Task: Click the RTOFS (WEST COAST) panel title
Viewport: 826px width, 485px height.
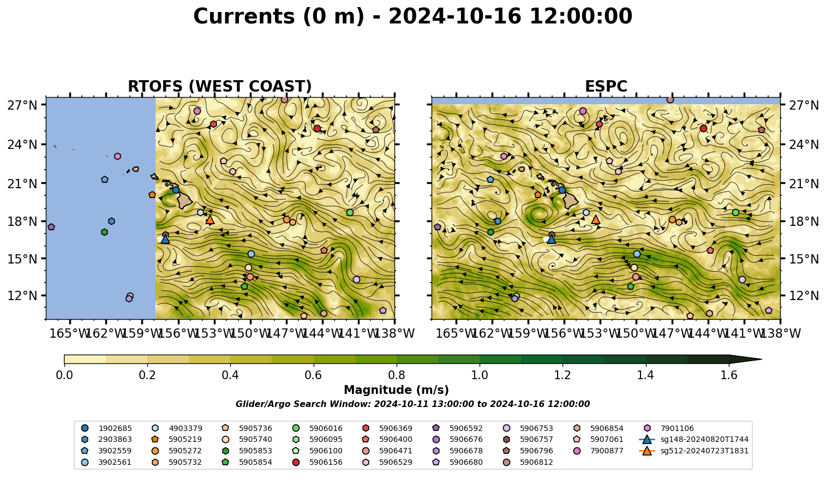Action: pyautogui.click(x=220, y=86)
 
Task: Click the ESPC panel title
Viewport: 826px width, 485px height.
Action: pyautogui.click(x=606, y=86)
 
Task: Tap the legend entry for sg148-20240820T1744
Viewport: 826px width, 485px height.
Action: pyautogui.click(x=693, y=439)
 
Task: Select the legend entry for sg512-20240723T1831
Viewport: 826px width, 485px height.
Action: pyautogui.click(x=693, y=451)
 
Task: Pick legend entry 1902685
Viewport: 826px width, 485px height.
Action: pyautogui.click(x=106, y=428)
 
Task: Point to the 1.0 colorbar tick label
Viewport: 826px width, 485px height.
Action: pyautogui.click(x=480, y=375)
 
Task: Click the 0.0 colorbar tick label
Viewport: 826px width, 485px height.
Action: pyautogui.click(x=64, y=375)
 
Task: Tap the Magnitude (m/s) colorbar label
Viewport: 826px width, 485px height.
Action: pyautogui.click(x=397, y=390)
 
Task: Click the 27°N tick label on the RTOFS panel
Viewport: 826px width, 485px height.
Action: pyautogui.click(x=22, y=105)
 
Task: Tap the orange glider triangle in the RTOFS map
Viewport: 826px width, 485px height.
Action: pyautogui.click(x=210, y=220)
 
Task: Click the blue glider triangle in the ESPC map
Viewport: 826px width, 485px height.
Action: pyautogui.click(x=551, y=239)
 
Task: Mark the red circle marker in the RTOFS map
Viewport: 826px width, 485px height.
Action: pyautogui.click(x=317, y=128)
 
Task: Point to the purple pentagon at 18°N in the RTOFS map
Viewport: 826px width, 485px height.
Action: pyautogui.click(x=51, y=227)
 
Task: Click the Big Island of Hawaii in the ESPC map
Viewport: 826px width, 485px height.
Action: pyautogui.click(x=571, y=201)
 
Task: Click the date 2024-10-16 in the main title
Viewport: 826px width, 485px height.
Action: pyautogui.click(x=454, y=16)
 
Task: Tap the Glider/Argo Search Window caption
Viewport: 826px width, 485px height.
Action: pyautogui.click(x=412, y=404)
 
